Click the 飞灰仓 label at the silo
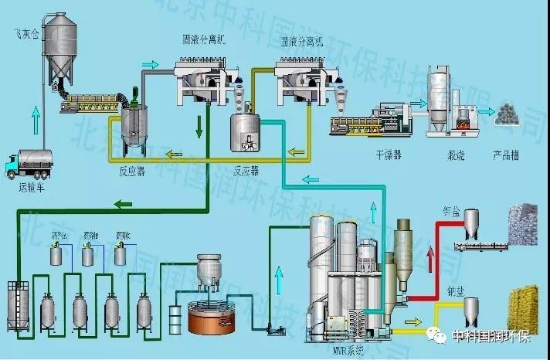[22, 34]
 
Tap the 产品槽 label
[506, 155]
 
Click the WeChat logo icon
[438, 337]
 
